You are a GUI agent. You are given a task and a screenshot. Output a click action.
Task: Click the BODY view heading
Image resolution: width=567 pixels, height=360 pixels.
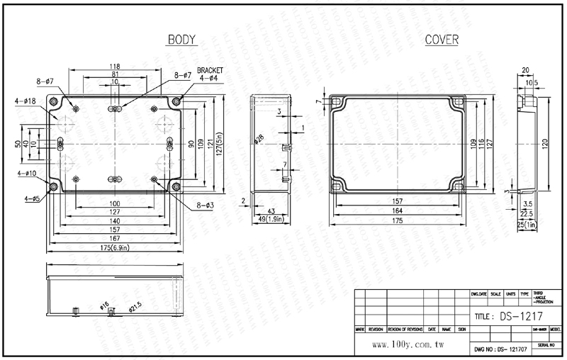coord(181,40)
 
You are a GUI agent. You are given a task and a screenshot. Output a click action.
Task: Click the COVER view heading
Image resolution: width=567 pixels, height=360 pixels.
coord(441,40)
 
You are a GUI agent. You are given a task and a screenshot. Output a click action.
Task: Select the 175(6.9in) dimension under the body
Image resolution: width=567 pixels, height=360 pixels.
coord(116,247)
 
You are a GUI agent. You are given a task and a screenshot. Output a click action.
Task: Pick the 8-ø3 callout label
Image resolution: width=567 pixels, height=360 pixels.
coord(204,206)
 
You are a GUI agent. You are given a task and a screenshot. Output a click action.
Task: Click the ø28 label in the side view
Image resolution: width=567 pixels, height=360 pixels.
coord(259,140)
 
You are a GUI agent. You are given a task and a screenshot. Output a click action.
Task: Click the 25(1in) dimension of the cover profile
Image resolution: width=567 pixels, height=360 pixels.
coord(526,225)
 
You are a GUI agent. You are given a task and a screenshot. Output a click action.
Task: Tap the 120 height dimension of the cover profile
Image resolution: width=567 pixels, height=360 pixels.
coord(544,143)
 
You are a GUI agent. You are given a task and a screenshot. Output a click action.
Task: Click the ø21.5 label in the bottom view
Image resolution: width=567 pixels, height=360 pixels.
coord(135,306)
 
